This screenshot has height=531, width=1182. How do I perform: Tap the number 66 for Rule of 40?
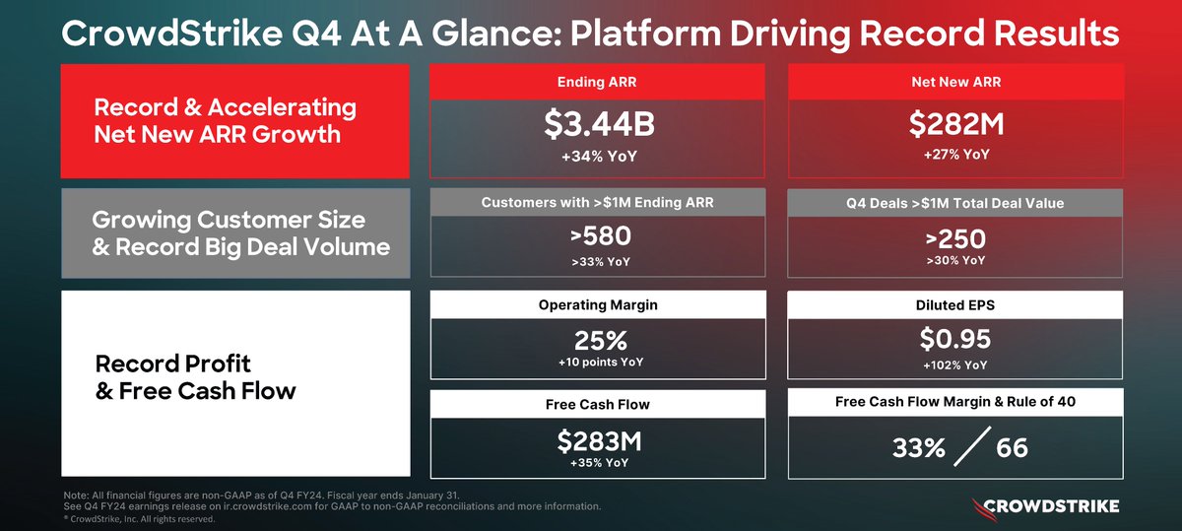(x=1012, y=448)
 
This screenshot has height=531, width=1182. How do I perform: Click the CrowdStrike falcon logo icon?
(x=977, y=506)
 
